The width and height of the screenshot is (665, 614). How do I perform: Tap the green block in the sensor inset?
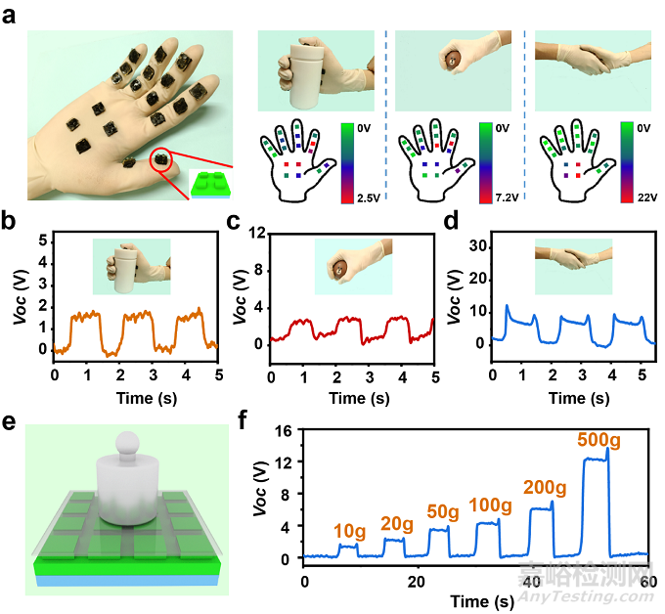[x=212, y=186]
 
